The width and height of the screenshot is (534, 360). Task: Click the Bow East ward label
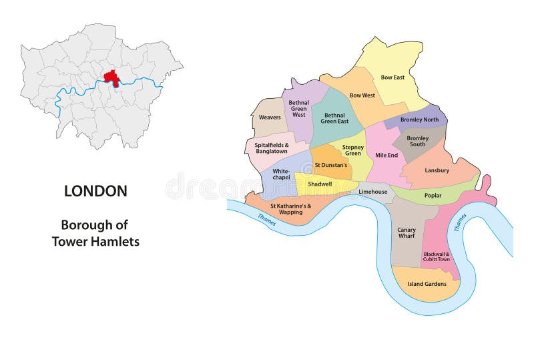coord(392,77)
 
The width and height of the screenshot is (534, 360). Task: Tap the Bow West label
coord(362,96)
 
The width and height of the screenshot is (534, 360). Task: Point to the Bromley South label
coord(417,142)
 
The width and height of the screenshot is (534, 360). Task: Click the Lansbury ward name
coord(437,170)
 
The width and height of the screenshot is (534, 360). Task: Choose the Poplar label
coord(433,196)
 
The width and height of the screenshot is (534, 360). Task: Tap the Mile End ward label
coord(386,155)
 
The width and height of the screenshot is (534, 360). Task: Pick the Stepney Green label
coord(352,150)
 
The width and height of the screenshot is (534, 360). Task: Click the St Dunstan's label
coord(331,165)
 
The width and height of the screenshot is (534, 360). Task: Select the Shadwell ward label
coord(320,184)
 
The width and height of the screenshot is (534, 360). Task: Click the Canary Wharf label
coord(406,233)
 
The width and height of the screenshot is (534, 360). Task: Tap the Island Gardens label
coord(427,284)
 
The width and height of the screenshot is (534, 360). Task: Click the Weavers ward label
coord(270,118)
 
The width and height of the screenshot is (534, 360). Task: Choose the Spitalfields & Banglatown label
coord(271,148)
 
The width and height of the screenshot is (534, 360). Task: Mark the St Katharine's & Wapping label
coord(290,209)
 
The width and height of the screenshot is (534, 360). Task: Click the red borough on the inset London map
coord(111,77)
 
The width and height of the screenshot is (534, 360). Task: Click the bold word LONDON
coord(95,191)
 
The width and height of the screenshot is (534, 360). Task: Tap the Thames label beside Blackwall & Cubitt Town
coord(461,222)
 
